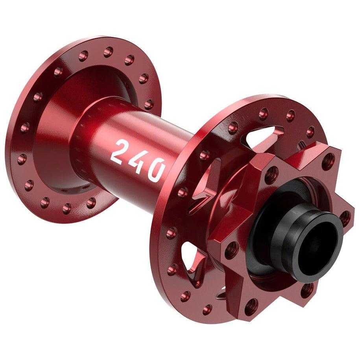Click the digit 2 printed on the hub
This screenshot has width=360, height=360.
pos(119,151)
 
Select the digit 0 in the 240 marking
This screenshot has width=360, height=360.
pos(155,170)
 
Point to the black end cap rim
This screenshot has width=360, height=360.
pos(299,220)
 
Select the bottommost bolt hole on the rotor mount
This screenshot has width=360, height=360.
pos(251,306)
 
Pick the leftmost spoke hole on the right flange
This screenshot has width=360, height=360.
pos(172,233)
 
